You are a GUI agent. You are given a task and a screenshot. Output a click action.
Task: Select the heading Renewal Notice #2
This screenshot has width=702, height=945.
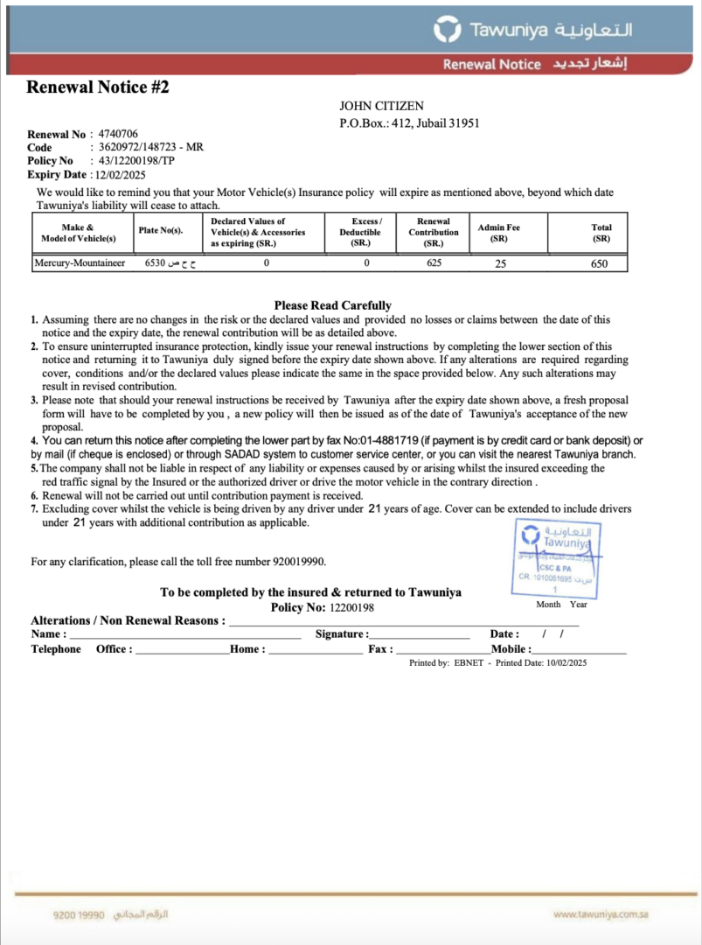tap(97, 87)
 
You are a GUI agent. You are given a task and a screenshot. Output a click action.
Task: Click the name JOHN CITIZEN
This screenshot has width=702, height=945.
tap(381, 106)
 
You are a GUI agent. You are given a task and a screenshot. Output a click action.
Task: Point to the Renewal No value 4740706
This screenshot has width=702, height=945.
tap(118, 134)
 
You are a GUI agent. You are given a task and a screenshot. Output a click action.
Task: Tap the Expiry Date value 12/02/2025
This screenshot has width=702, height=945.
tap(122, 174)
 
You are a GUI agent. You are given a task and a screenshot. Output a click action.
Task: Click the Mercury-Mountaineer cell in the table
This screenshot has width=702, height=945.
tap(80, 262)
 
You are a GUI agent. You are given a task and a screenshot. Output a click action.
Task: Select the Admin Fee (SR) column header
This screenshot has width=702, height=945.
tap(498, 233)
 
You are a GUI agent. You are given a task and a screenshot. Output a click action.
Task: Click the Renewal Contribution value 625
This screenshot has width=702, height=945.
tap(434, 262)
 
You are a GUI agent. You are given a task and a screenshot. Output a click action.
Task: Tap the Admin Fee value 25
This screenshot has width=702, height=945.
tap(500, 263)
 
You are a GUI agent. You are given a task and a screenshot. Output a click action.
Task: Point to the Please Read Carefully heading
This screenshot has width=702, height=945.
tap(332, 305)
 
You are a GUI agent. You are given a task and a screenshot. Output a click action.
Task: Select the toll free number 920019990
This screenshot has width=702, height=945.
tap(300, 562)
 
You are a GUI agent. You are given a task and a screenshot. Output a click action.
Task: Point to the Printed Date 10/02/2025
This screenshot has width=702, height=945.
tap(567, 663)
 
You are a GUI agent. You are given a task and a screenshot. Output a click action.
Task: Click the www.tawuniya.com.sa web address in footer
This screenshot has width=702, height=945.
tap(600, 914)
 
